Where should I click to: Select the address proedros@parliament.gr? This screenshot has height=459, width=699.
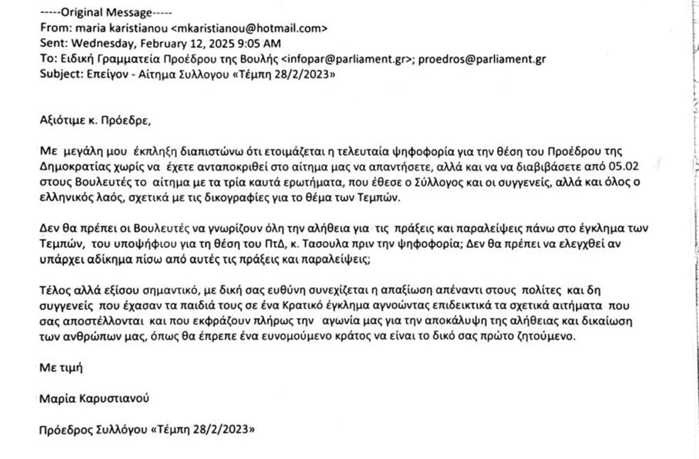[482, 59]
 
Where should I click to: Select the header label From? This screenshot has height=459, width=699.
[54, 29]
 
